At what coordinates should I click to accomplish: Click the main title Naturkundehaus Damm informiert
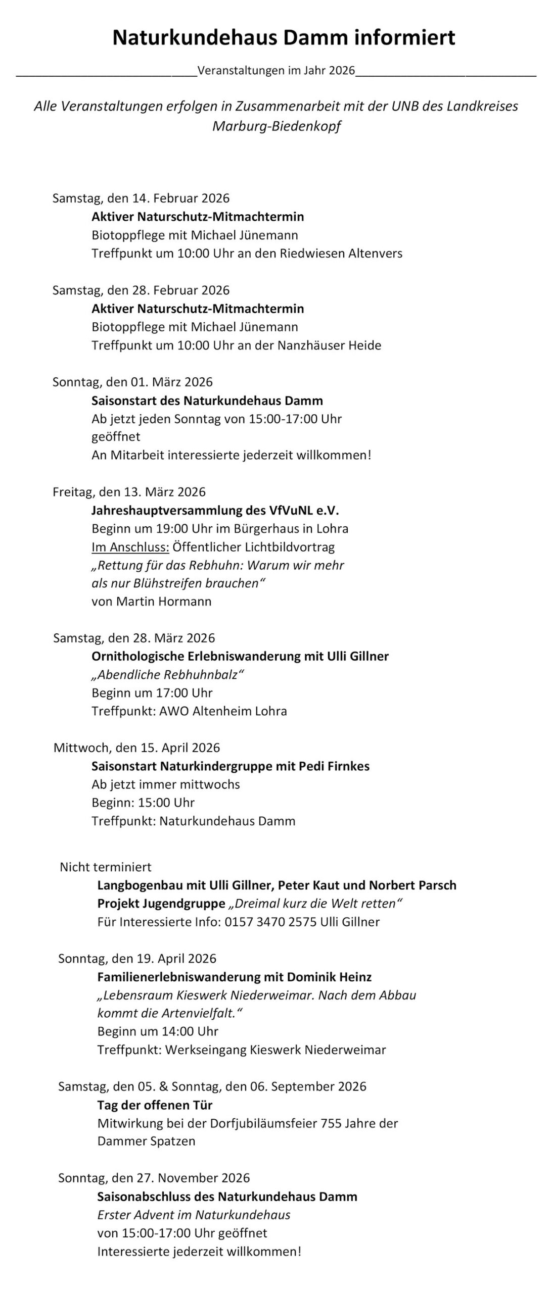coord(284,38)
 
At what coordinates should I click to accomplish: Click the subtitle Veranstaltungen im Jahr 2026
coord(277,70)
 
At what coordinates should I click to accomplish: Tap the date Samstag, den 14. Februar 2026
coord(141,198)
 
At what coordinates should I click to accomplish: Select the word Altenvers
coord(375,253)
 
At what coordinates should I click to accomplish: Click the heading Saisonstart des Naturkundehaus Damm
coord(207,401)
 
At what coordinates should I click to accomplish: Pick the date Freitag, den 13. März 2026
coord(129,492)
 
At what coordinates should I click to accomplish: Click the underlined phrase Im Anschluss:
coord(130,547)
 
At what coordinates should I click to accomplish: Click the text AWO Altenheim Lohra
coord(223,711)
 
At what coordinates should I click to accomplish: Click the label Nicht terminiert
coord(106,867)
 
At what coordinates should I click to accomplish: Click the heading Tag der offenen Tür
coord(155,1105)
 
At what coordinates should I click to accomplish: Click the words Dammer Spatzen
coord(146,1141)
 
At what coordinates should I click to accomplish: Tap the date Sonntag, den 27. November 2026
coord(154,1178)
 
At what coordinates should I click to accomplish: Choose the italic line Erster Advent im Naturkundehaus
coord(194,1215)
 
